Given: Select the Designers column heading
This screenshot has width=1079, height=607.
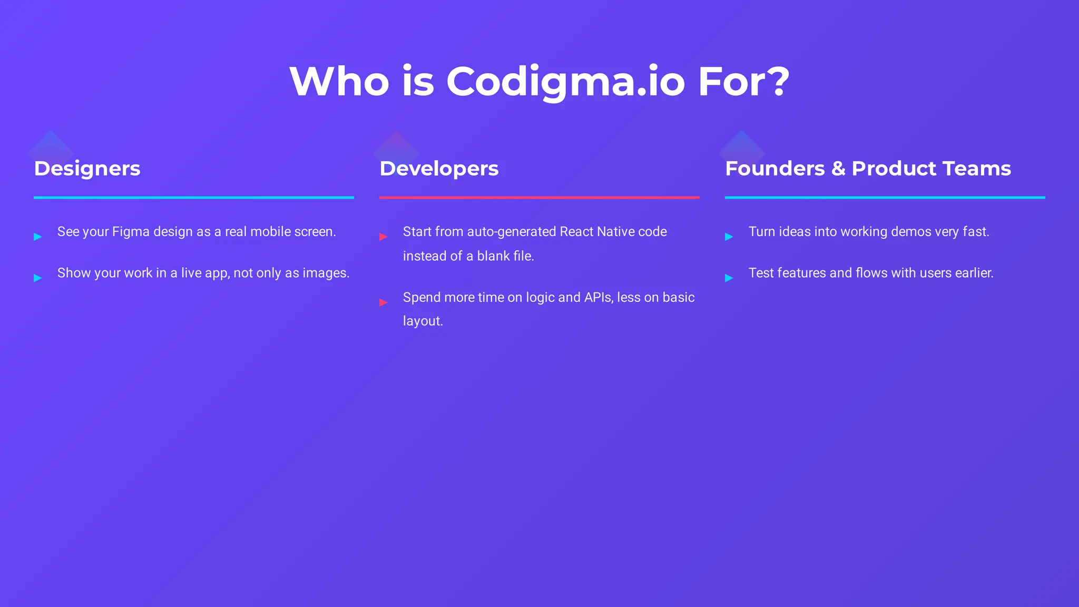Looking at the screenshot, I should pyautogui.click(x=87, y=169).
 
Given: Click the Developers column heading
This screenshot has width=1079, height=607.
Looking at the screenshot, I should pyautogui.click(x=439, y=169).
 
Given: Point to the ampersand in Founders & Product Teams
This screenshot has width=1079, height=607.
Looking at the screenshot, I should pyautogui.click(x=838, y=169).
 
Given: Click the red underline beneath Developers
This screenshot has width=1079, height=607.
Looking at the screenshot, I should pyautogui.click(x=539, y=198).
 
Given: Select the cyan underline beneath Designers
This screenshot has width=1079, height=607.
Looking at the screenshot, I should pyautogui.click(x=193, y=198).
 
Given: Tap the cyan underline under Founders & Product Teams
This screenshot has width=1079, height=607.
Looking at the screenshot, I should pyautogui.click(x=885, y=198).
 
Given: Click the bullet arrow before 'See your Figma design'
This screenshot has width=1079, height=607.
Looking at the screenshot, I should pyautogui.click(x=38, y=237).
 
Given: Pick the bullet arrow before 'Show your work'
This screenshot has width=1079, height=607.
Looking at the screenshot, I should pyautogui.click(x=38, y=278).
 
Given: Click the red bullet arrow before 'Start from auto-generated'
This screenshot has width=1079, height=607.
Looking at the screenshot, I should pyautogui.click(x=384, y=237).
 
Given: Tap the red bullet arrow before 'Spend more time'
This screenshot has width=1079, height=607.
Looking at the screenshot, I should pyautogui.click(x=384, y=302).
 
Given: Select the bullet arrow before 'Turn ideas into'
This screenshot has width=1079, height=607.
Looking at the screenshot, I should pyautogui.click(x=729, y=237).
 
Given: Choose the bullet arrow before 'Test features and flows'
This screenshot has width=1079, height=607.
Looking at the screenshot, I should pyautogui.click(x=729, y=278).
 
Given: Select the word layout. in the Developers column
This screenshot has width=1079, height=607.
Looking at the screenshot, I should pyautogui.click(x=423, y=321).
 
